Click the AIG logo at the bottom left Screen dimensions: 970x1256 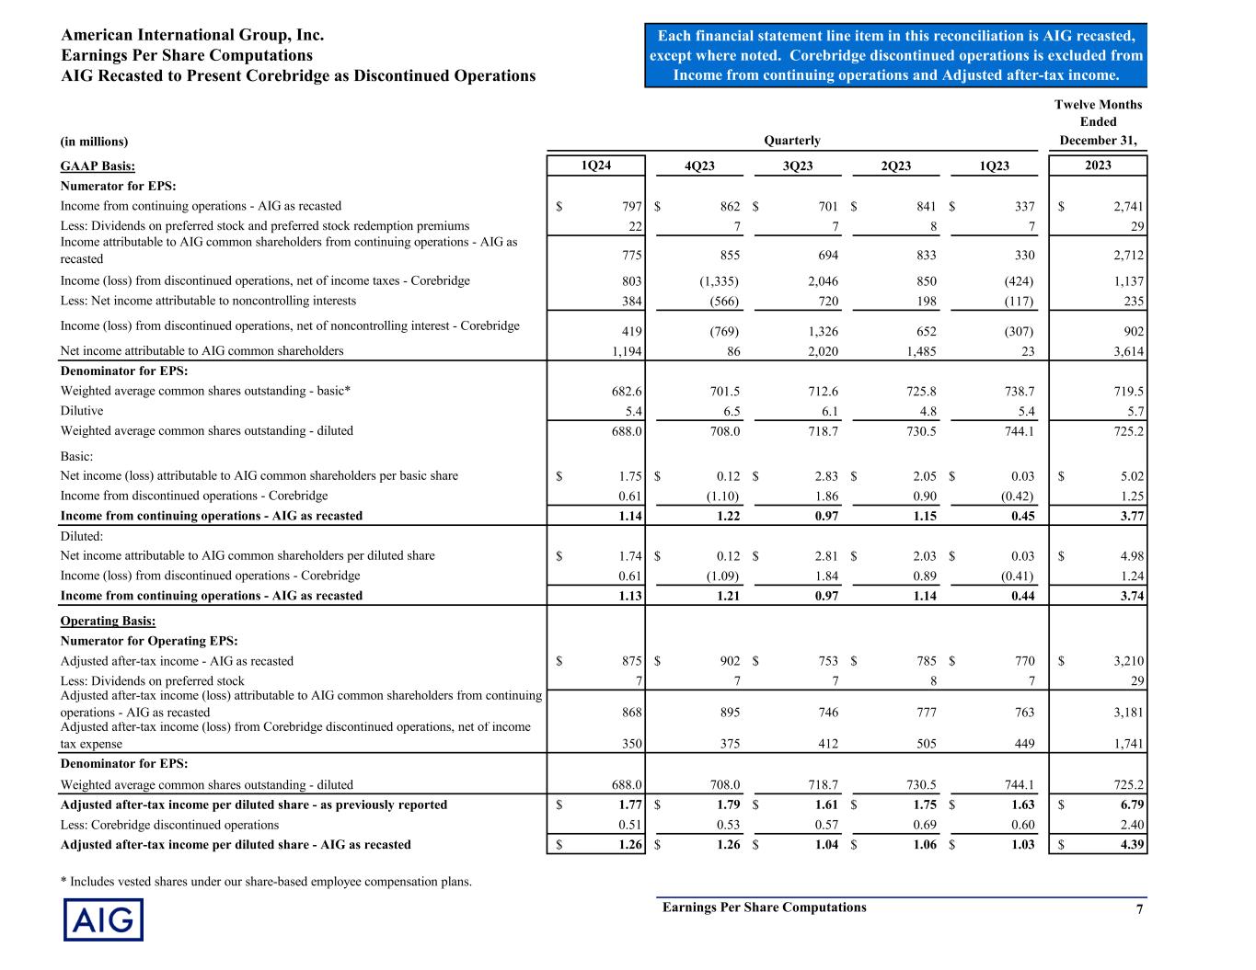(103, 919)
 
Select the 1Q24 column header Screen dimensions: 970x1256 (595, 165)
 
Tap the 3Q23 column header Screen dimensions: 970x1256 (797, 166)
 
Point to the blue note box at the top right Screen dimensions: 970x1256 (895, 55)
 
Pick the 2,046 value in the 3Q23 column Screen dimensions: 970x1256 (819, 281)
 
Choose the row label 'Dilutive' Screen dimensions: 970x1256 (82, 411)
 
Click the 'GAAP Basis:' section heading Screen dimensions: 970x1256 (98, 166)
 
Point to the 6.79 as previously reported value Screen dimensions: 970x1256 (1129, 805)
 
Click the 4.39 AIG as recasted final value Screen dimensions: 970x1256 (1129, 845)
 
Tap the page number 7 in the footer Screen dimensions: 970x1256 (1139, 909)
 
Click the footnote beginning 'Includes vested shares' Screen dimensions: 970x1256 (266, 882)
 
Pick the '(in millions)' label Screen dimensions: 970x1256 (94, 142)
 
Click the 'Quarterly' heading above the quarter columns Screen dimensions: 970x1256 (792, 141)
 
